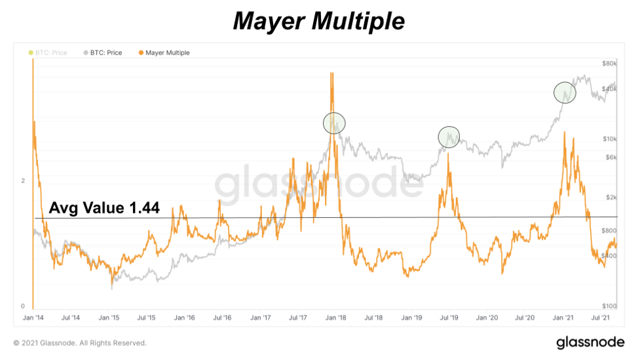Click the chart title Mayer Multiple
[x=319, y=21]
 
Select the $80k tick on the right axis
[x=610, y=63]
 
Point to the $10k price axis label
[x=610, y=139]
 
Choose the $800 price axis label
[x=609, y=230]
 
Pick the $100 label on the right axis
[x=609, y=306]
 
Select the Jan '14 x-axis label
[x=33, y=317]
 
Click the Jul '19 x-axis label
[x=449, y=317]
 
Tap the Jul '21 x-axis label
[x=601, y=317]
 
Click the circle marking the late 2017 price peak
[x=334, y=123]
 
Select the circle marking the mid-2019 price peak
[x=449, y=136]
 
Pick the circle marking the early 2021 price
[x=565, y=93]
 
